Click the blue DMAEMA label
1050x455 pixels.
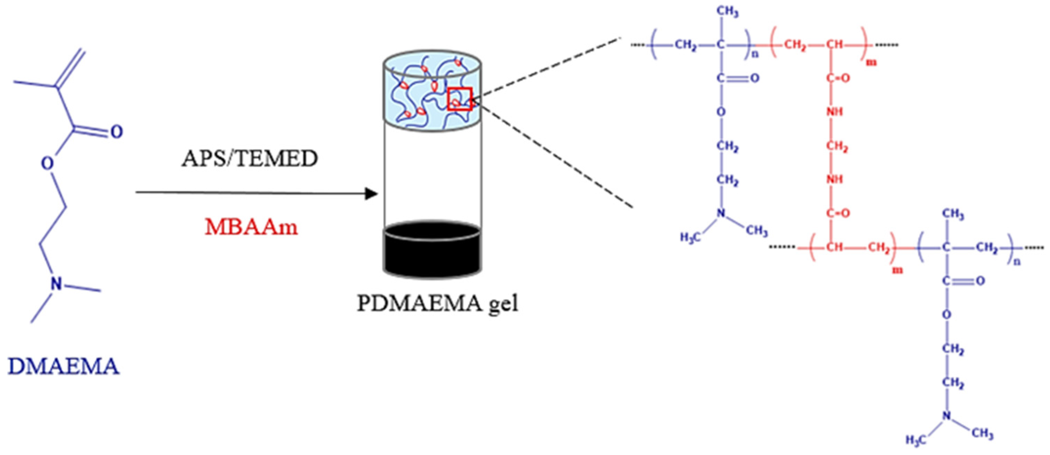point(64,366)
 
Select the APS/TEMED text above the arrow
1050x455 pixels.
point(250,159)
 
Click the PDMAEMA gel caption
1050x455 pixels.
point(437,303)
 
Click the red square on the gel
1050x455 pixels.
point(459,99)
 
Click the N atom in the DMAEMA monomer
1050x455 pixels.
point(57,284)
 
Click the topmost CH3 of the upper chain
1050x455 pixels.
point(727,12)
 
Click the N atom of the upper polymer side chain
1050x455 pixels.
point(721,213)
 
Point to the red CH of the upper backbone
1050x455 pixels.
point(835,45)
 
